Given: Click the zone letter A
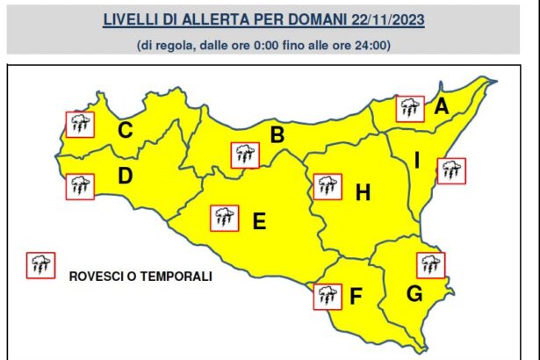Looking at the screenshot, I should [442, 108].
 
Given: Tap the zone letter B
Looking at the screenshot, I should [277, 135].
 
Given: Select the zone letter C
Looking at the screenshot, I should [126, 132].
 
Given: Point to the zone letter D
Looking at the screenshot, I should [125, 176].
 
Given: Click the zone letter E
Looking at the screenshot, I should [259, 222].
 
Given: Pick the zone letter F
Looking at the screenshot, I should [356, 297].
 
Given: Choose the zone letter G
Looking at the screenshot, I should [414, 293].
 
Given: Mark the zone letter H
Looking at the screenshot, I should [363, 191].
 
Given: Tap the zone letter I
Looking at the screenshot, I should [417, 161].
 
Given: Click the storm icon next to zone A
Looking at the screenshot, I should [408, 108].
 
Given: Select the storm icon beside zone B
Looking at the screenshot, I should [243, 155].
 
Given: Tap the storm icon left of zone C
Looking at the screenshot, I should [80, 124].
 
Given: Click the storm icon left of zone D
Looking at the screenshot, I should [80, 186].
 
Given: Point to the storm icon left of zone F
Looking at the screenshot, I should [328, 296].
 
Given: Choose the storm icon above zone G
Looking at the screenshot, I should [430, 264].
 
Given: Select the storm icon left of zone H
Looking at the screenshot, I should [328, 185].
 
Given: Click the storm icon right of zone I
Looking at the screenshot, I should [451, 170].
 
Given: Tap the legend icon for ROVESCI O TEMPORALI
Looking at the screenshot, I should [40, 264].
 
